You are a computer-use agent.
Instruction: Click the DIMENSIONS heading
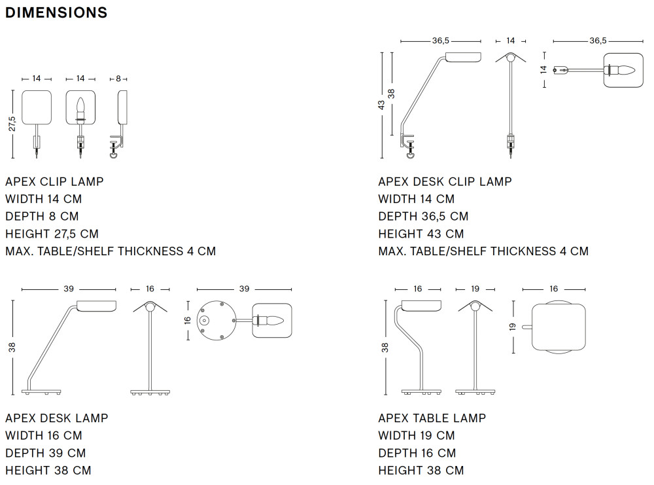(x=56, y=12)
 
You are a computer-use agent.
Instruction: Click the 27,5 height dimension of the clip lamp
(x=12, y=124)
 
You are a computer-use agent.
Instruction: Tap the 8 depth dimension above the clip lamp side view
(x=118, y=79)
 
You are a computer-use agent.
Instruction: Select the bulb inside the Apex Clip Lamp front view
(x=81, y=108)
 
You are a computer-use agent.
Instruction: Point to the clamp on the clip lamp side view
(x=116, y=148)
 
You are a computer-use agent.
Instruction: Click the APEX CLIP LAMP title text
(x=54, y=181)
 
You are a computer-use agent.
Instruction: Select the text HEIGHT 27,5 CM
(x=52, y=234)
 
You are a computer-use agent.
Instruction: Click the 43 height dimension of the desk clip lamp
(x=382, y=105)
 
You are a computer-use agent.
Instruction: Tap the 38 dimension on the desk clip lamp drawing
(x=392, y=93)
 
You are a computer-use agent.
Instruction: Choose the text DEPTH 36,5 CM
(x=423, y=216)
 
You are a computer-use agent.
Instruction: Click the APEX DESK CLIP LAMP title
(x=445, y=181)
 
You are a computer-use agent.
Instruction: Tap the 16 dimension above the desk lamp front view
(x=150, y=289)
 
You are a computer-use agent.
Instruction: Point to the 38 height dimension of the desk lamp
(x=12, y=347)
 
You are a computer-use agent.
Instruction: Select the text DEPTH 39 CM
(x=46, y=453)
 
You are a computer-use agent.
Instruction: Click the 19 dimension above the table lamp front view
(x=475, y=289)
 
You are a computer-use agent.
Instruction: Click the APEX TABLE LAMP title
(x=432, y=418)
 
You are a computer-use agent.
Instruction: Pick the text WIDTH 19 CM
(x=416, y=435)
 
